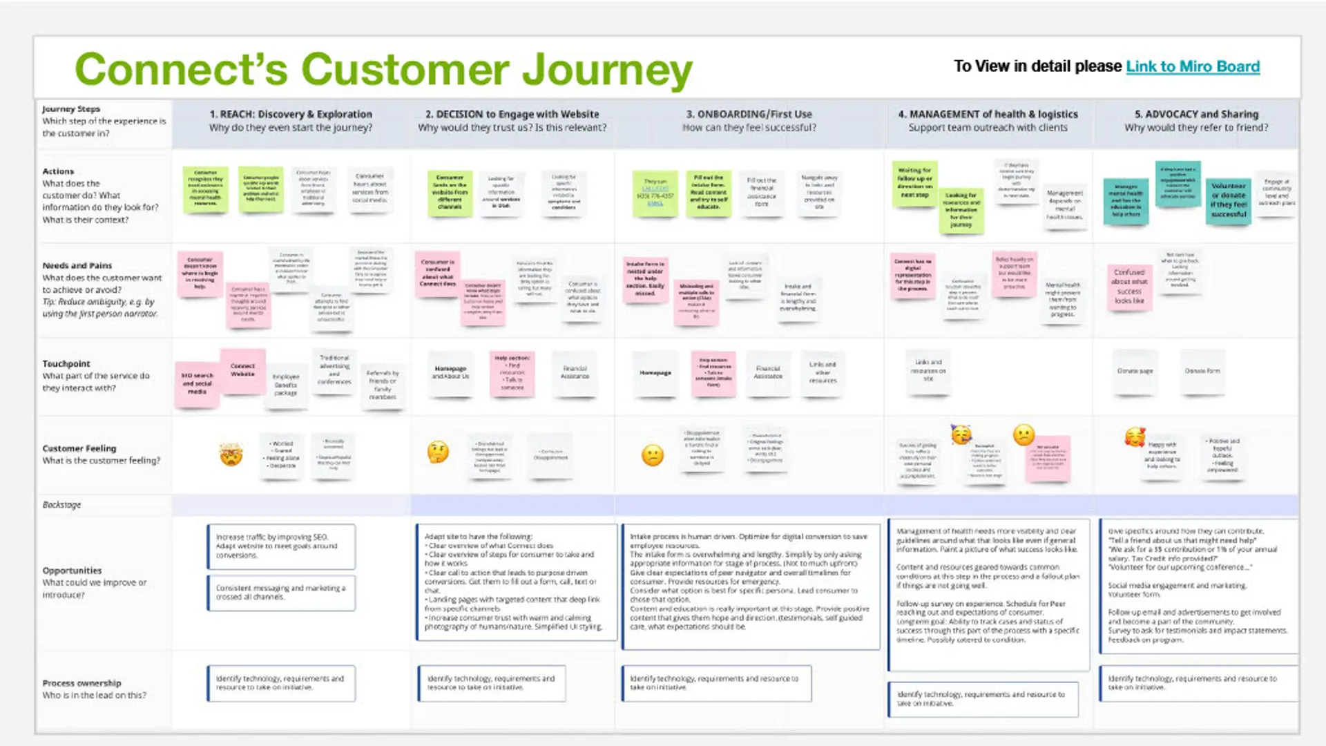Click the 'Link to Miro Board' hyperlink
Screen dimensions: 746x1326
coord(1193,66)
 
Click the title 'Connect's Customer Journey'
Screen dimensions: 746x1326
coord(383,70)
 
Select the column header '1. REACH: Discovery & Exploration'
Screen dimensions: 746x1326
coord(291,114)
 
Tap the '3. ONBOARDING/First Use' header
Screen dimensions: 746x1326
coord(749,114)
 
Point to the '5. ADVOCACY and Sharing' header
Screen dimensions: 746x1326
coord(1196,114)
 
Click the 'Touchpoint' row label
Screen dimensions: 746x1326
coord(66,363)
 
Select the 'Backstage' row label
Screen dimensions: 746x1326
coord(61,505)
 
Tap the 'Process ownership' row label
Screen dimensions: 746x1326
coord(81,683)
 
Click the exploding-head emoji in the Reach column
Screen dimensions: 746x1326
coord(231,455)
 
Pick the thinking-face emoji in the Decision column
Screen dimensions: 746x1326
coord(438,452)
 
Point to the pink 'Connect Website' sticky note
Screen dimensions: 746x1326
coord(242,370)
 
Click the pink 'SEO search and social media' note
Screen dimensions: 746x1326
coord(197,383)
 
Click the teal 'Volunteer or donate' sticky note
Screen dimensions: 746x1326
coord(1229,200)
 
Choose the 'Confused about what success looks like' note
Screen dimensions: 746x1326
coord(1129,287)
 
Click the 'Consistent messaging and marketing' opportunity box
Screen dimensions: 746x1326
coord(281,593)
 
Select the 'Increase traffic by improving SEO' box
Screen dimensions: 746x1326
coord(281,546)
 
